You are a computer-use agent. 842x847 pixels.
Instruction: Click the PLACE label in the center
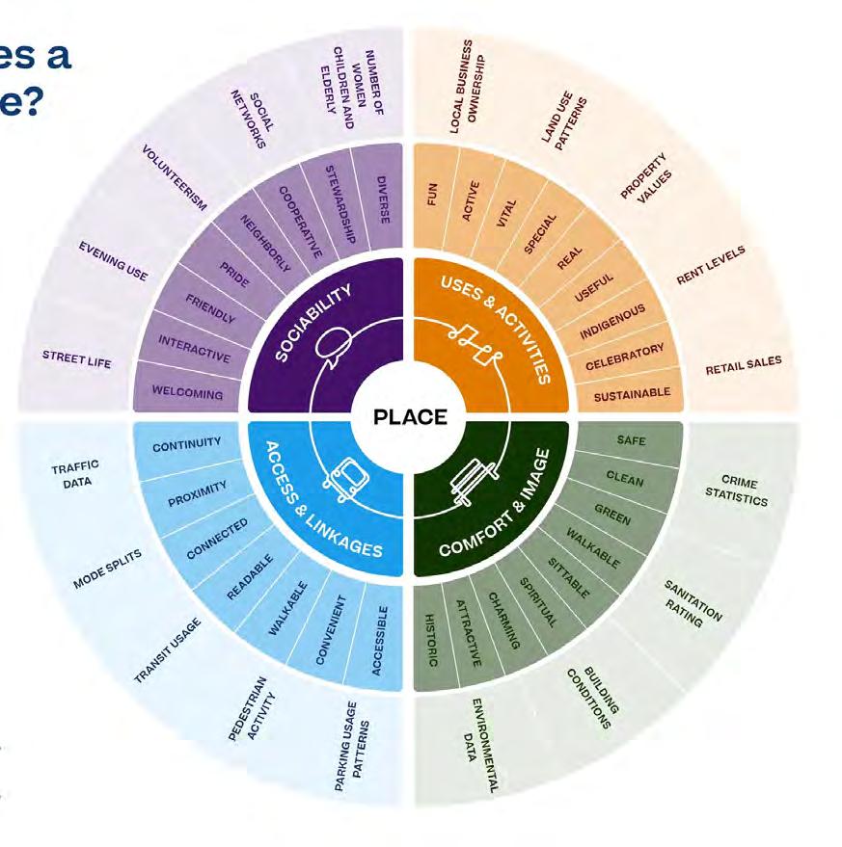coord(411,417)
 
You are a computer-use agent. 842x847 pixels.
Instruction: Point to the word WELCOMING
coord(187,393)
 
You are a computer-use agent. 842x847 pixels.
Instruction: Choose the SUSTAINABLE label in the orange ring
coord(632,394)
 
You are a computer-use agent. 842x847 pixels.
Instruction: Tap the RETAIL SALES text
coord(744,365)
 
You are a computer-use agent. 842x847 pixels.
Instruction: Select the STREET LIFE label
coord(77,359)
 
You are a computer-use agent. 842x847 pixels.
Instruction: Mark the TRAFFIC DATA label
coord(75,473)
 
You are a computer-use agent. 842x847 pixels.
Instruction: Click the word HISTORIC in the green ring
coord(431,642)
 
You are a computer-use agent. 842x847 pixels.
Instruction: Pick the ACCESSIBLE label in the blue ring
coord(382,640)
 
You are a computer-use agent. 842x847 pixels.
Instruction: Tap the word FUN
coord(432,197)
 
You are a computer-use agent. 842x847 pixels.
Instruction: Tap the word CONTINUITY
coord(187,444)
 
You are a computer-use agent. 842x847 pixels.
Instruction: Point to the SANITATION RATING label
coord(691,604)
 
